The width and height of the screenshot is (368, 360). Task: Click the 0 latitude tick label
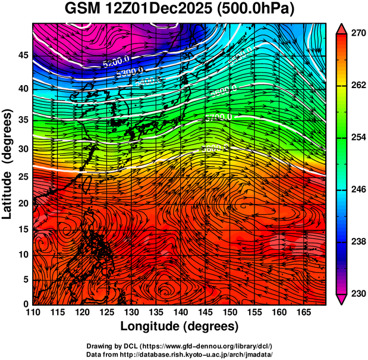click(x=26, y=304)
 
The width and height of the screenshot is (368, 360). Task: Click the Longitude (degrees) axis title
click(x=179, y=326)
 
